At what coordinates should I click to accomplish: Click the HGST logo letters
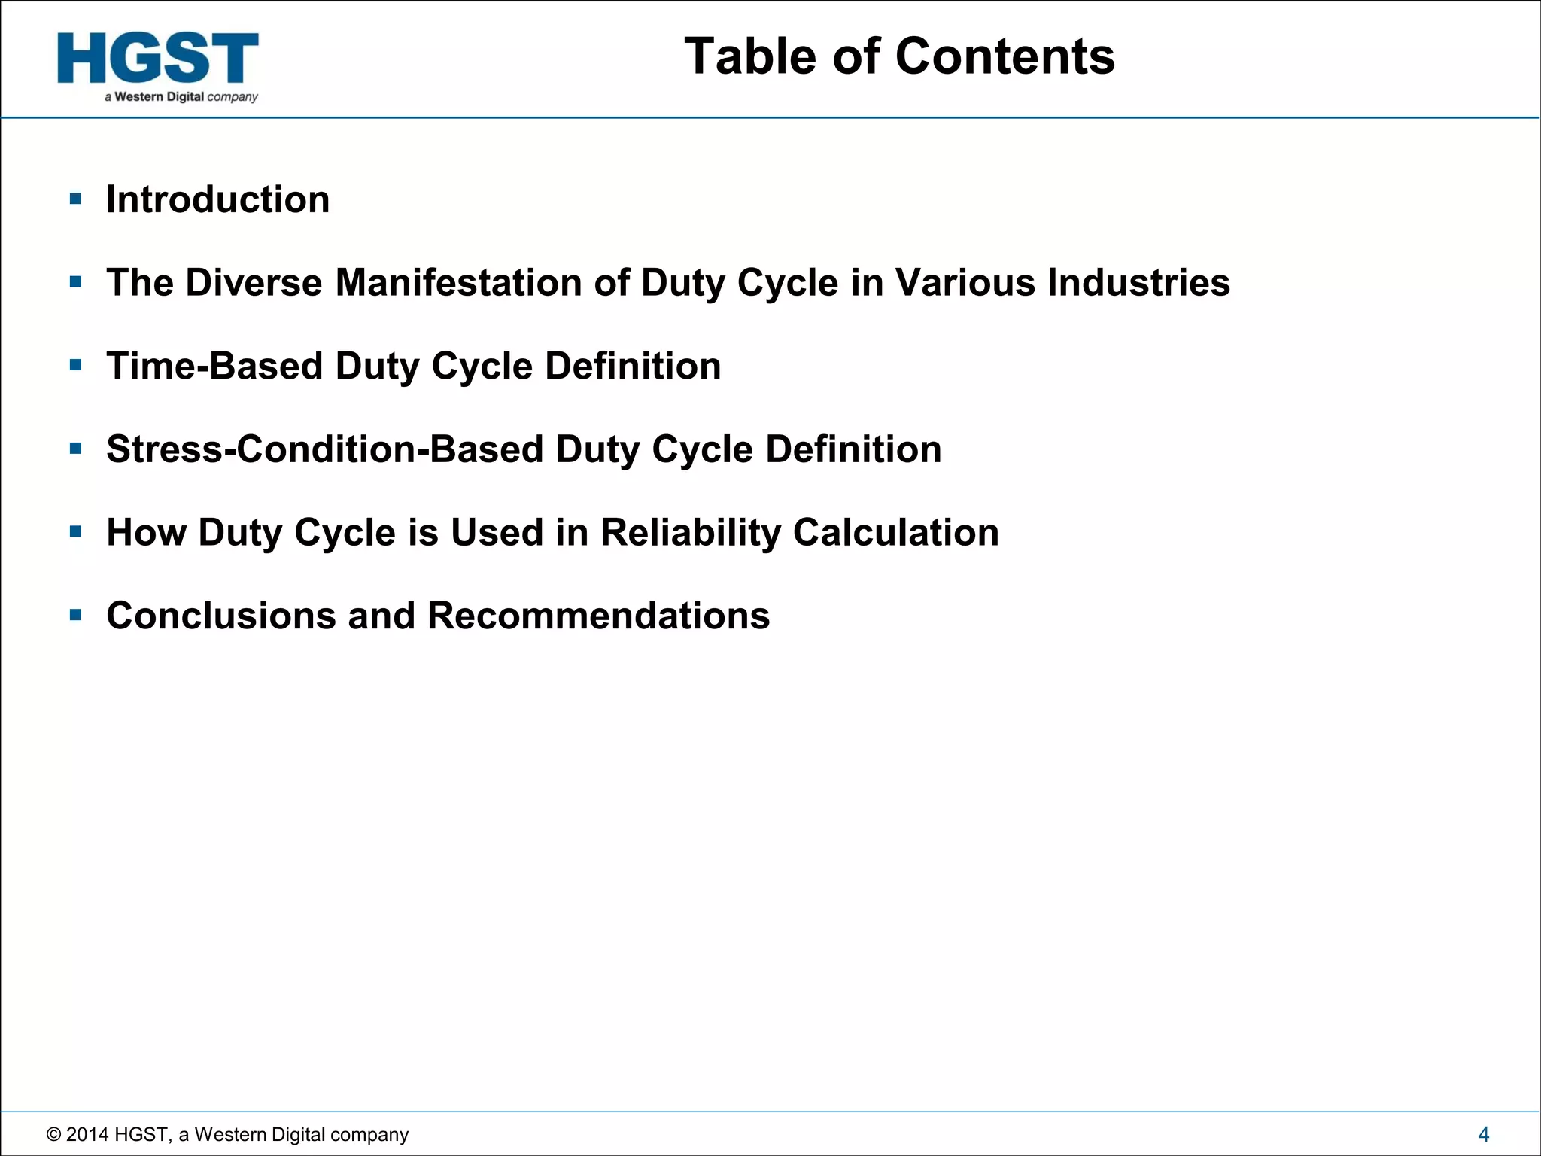pyautogui.click(x=157, y=58)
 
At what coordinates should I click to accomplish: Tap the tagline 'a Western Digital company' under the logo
pyautogui.click(x=181, y=97)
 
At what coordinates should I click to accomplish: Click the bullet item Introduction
pyautogui.click(x=217, y=199)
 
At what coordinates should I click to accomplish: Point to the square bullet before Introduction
pyautogui.click(x=75, y=199)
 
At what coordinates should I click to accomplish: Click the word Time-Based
pyautogui.click(x=214, y=367)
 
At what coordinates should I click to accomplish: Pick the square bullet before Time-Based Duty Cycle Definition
pyautogui.click(x=75, y=366)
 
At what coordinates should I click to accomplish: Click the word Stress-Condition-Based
pyautogui.click(x=324, y=449)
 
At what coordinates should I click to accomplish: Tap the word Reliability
pyautogui.click(x=691, y=533)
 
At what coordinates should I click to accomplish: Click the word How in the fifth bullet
pyautogui.click(x=146, y=533)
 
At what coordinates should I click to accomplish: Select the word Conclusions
pyautogui.click(x=220, y=616)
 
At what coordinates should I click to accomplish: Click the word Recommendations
pyautogui.click(x=598, y=616)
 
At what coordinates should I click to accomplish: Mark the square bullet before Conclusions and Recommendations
pyautogui.click(x=75, y=615)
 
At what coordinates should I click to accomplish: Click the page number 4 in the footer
pyautogui.click(x=1483, y=1134)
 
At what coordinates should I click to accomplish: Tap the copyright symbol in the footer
pyautogui.click(x=53, y=1135)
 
